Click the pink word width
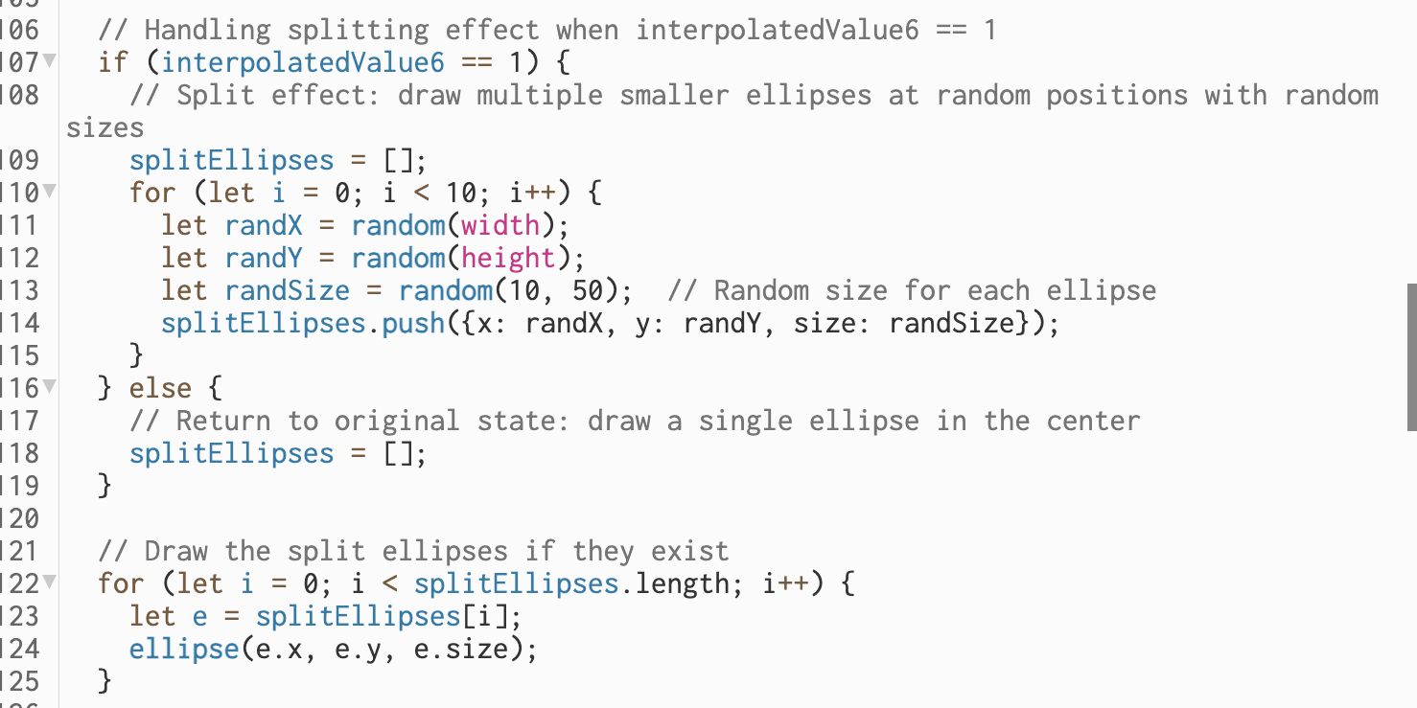[x=500, y=225]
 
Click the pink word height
[x=508, y=258]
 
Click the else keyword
[x=160, y=388]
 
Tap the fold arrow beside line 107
[x=49, y=62]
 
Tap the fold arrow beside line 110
[x=49, y=193]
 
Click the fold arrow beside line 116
[x=49, y=388]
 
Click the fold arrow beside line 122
[x=49, y=583]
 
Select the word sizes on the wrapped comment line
[x=105, y=127]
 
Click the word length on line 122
[x=681, y=583]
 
